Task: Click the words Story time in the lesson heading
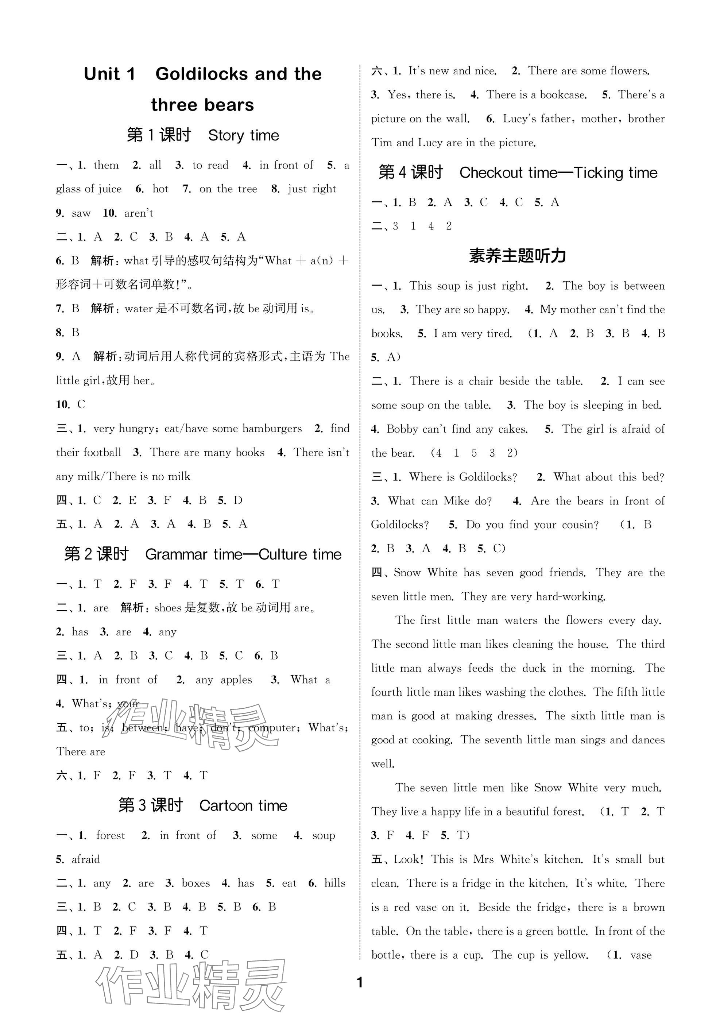coord(243,135)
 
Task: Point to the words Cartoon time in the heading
coord(243,806)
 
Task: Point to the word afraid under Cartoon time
coord(86,859)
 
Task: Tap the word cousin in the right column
coord(580,525)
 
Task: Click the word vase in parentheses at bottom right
coord(640,955)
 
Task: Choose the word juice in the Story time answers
coord(110,189)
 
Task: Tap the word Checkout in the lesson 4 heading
coord(491,173)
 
